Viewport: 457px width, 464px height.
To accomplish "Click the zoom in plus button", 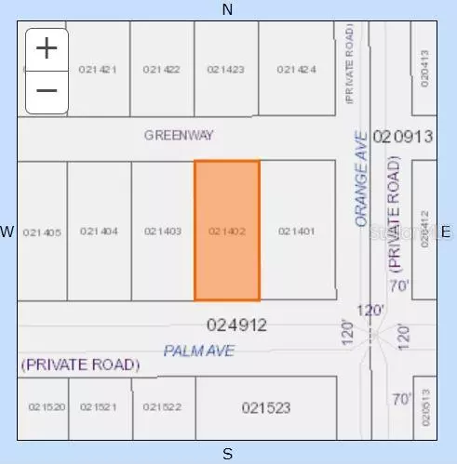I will point(47,46).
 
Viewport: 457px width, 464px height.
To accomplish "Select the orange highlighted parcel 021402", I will point(226,231).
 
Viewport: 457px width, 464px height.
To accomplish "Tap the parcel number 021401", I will point(297,232).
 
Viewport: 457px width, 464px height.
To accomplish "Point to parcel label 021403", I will point(162,232).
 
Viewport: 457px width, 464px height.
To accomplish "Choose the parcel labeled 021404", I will point(99,232).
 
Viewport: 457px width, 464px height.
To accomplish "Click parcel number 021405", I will point(42,232).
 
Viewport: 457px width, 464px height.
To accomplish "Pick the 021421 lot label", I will point(98,69).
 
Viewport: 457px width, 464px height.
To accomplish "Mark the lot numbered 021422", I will point(162,69).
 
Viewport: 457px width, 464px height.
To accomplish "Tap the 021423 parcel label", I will point(226,69).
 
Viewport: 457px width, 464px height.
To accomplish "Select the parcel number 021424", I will point(297,69).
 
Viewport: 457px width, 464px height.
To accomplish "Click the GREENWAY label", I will point(179,135).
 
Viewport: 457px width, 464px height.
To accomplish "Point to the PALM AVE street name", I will point(199,351).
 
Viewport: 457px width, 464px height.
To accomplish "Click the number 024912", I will point(236,325).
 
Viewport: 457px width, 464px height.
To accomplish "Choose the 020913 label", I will point(403,137).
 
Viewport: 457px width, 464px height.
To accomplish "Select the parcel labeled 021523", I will point(266,407).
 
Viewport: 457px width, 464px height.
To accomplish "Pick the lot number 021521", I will point(99,407).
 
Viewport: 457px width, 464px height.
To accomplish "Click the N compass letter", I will point(228,9).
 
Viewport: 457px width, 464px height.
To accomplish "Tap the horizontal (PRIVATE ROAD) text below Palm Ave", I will point(80,365).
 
